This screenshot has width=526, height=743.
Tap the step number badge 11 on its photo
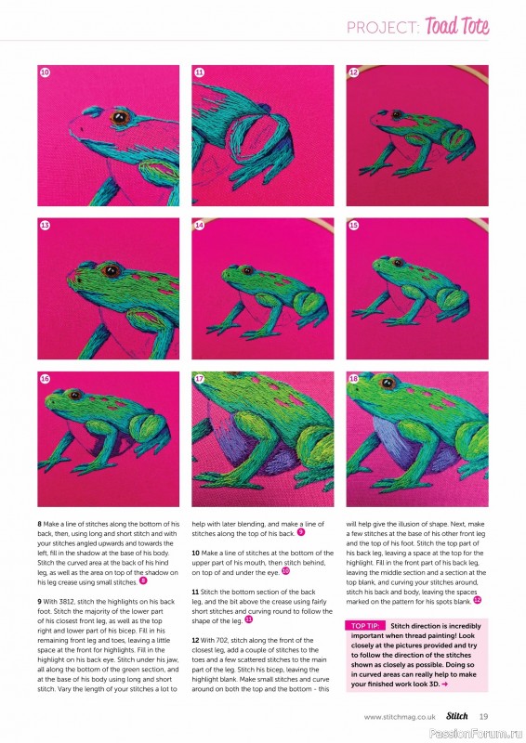199,72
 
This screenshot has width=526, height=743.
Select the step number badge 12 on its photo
353,72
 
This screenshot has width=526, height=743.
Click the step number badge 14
199,225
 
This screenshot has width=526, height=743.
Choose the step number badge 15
353,225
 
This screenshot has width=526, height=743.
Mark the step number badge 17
199,379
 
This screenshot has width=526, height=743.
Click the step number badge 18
353,379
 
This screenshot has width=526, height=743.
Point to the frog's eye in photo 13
110,270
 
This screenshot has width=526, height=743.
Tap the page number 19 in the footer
483,715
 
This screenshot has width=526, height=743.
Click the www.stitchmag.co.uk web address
401,716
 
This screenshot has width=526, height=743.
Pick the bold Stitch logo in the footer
456,715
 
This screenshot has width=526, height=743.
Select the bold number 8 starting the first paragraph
39,525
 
